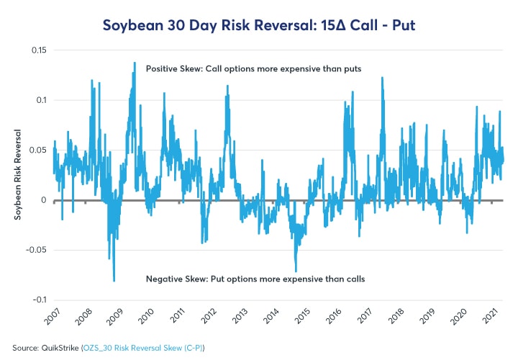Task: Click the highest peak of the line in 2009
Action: coord(135,63)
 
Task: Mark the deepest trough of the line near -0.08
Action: coord(114,281)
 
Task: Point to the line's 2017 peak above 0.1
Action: coord(382,77)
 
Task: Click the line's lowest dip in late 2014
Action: coord(296,271)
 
